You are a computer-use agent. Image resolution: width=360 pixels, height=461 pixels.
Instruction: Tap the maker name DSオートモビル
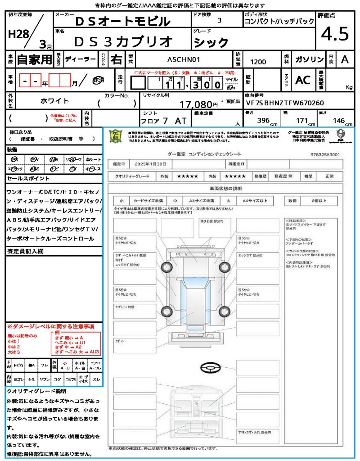122,21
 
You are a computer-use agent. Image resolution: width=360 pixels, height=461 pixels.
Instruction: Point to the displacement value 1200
258,62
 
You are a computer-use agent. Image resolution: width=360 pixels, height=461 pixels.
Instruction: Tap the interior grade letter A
344,59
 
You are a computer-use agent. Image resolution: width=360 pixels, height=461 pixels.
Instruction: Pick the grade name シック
211,42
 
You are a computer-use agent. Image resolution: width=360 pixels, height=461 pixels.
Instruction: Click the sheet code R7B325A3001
325,154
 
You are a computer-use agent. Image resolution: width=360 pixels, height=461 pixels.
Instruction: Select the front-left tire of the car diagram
167,267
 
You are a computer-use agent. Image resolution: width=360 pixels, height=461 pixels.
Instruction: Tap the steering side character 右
116,59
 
